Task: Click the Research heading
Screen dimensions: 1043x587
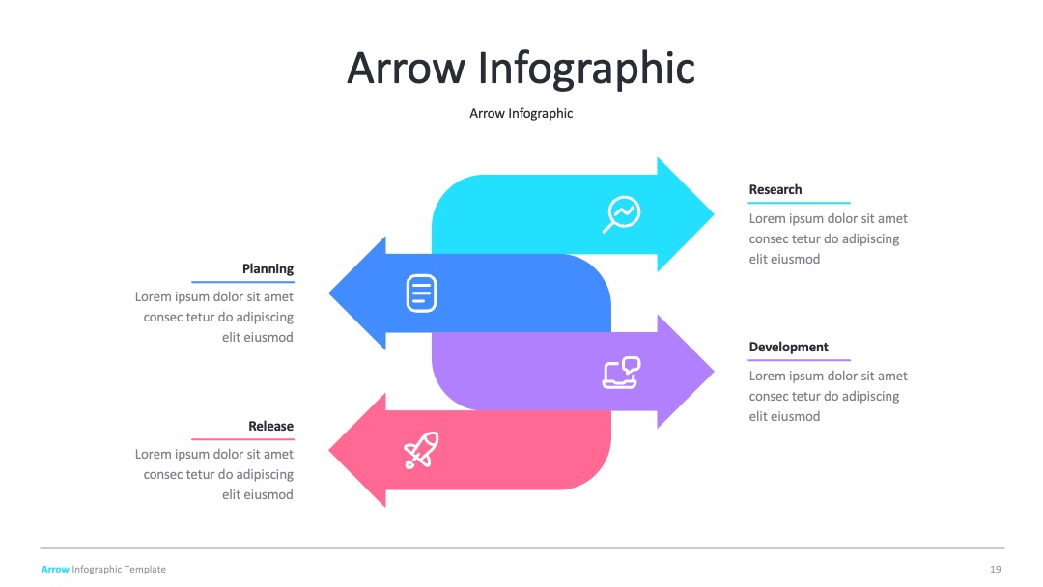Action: click(x=775, y=189)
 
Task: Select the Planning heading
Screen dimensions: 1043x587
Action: click(x=268, y=268)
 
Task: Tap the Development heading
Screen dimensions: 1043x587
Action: click(x=788, y=347)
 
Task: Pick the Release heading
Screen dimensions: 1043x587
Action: click(x=270, y=426)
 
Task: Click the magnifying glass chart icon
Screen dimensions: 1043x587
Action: click(x=621, y=214)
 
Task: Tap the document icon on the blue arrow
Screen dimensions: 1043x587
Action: click(x=421, y=293)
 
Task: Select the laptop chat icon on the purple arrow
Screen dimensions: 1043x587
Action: click(x=621, y=373)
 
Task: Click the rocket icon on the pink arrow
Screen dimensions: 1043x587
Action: click(x=422, y=450)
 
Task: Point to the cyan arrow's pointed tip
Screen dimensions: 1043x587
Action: click(x=715, y=214)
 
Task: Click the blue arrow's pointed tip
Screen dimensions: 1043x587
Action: click(x=328, y=293)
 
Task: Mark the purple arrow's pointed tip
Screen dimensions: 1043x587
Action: click(x=715, y=372)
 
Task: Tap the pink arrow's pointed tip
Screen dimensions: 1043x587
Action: click(x=328, y=450)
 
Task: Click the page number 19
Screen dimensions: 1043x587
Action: click(x=995, y=569)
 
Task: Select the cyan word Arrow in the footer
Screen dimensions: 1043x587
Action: click(x=55, y=569)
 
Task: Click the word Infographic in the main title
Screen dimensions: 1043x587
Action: click(x=587, y=69)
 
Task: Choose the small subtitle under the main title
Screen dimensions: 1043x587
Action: click(x=521, y=114)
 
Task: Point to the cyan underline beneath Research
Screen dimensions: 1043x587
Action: click(x=800, y=203)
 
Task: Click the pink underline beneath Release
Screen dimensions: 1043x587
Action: click(x=242, y=439)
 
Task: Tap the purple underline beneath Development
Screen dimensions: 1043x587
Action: click(x=800, y=360)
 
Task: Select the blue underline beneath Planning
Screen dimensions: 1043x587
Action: click(x=242, y=282)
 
